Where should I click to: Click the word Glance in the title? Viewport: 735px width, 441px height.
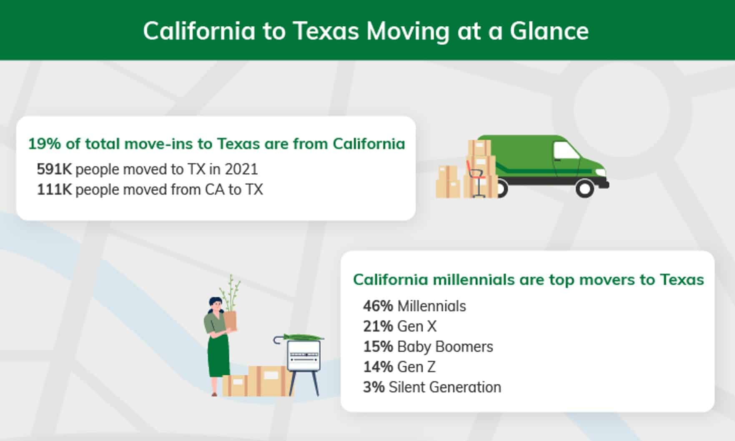[x=549, y=31]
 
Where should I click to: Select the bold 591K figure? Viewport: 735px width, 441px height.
[x=54, y=169]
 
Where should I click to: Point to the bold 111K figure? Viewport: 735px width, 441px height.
[x=54, y=190]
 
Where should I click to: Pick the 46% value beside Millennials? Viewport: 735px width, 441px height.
[x=378, y=306]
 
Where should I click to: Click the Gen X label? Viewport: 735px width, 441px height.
[x=417, y=326]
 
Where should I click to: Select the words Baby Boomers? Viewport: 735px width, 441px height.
[x=445, y=346]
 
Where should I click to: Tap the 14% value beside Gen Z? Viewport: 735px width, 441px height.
[x=378, y=367]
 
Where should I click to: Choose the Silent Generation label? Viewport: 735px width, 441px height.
[x=445, y=387]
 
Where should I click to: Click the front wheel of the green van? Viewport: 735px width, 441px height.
[x=584, y=188]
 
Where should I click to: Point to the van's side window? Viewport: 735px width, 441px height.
[x=566, y=150]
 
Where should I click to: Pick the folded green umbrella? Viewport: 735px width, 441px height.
[x=299, y=338]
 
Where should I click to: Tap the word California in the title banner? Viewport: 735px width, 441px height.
[x=199, y=31]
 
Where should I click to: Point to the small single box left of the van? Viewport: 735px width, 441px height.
[x=448, y=182]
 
